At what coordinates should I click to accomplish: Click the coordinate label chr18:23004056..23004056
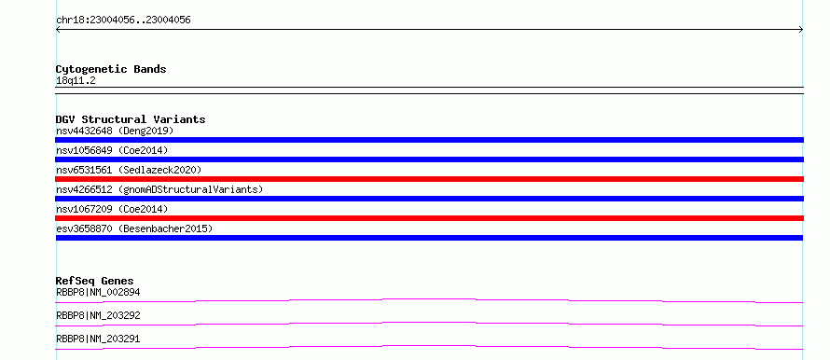tap(123, 21)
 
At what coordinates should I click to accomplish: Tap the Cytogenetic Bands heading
tap(111, 69)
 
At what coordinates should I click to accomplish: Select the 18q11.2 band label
tap(76, 81)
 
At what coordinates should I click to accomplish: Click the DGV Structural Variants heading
tap(131, 119)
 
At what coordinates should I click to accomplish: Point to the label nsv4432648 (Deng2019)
tap(115, 131)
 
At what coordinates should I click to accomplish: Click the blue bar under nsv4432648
tap(429, 140)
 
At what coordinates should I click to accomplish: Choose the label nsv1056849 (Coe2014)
tap(112, 150)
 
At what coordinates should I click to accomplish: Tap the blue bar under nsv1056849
tap(429, 159)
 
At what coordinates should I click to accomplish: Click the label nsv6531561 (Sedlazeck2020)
tap(129, 170)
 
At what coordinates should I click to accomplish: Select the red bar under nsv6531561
tap(429, 179)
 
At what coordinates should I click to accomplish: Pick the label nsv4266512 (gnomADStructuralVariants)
tap(159, 189)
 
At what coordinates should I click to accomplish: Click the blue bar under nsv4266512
tap(429, 199)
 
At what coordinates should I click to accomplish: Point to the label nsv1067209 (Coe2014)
tap(112, 209)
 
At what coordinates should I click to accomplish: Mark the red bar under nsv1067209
tap(429, 218)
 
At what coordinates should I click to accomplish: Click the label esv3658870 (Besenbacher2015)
tap(134, 228)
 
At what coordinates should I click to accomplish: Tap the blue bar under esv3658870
tap(429, 238)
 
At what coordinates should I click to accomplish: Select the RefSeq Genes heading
tap(95, 281)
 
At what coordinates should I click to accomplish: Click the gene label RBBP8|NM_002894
tap(98, 292)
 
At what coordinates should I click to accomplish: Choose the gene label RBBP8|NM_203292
tap(98, 315)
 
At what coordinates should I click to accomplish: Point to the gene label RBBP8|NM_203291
tap(98, 339)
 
